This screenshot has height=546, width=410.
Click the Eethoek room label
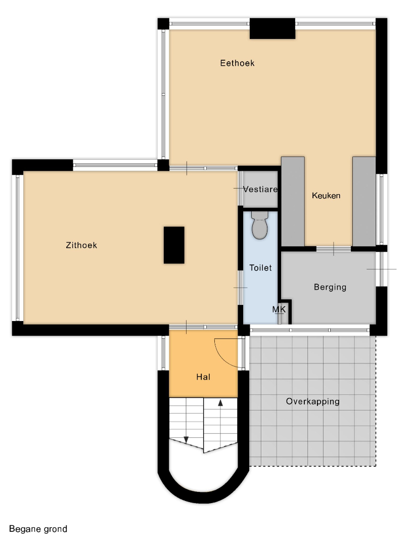[x=237, y=63]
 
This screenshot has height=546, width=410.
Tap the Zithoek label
[x=81, y=245]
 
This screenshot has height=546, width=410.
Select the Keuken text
[x=326, y=196]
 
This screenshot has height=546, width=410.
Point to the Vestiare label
[x=260, y=190]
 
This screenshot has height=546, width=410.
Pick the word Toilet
[x=260, y=268]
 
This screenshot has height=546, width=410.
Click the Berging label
[x=330, y=287]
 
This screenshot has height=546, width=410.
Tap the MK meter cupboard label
[x=279, y=309]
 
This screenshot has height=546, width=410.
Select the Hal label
[x=203, y=377]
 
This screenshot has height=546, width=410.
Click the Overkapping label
[x=313, y=401]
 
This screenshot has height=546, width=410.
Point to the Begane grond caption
[x=38, y=529]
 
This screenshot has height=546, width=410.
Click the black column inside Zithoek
[x=174, y=245]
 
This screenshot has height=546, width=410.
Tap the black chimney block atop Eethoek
[x=272, y=28]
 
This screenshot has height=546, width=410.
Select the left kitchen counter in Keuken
[x=293, y=201]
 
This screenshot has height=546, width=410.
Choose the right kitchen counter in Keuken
[x=364, y=201]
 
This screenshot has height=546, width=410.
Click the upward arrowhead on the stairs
[x=220, y=403]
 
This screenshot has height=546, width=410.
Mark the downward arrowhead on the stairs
[x=186, y=440]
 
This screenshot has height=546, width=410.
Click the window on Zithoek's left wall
[x=17, y=248]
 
